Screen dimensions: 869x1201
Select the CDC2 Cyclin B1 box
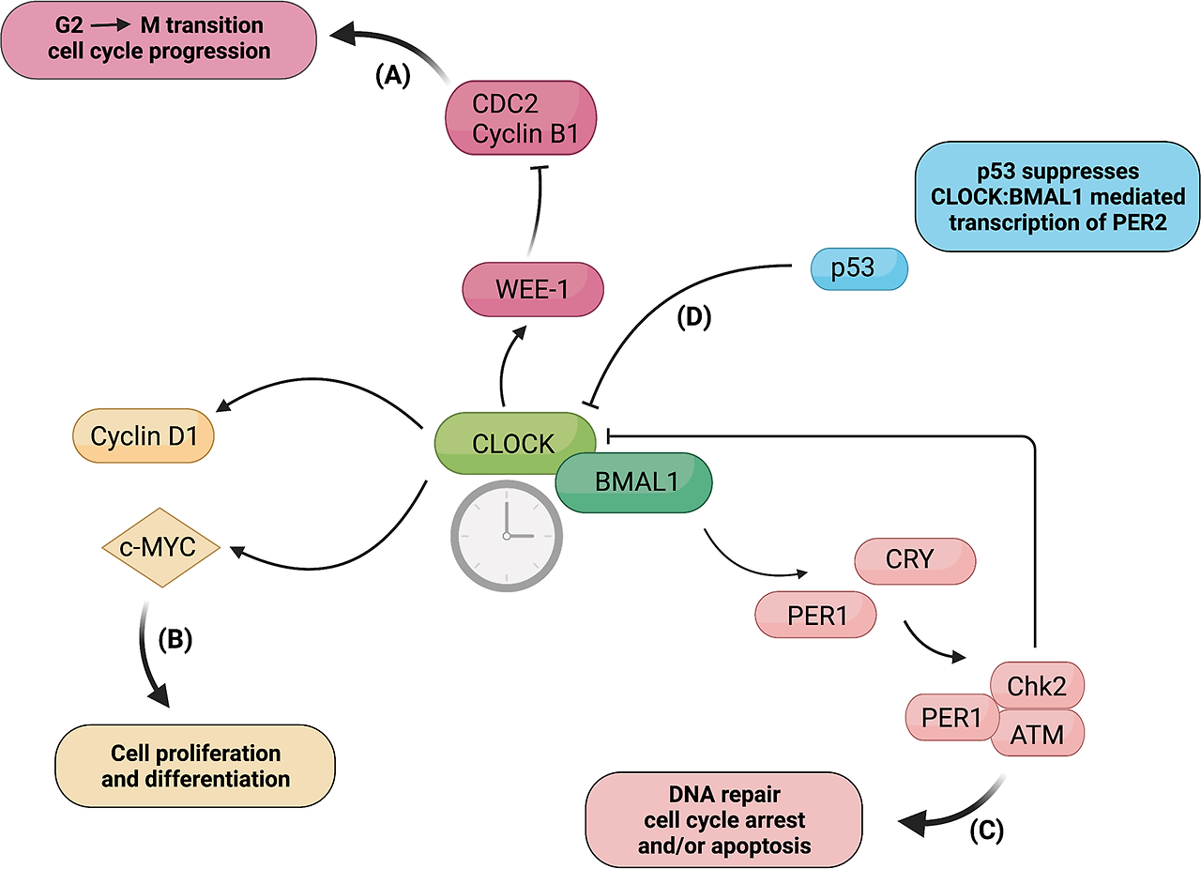[521, 119]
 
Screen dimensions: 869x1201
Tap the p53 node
[859, 267]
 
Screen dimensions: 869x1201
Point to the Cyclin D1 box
[143, 436]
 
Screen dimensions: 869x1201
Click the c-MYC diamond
[159, 547]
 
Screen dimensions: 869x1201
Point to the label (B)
[175, 639]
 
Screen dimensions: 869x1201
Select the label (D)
[694, 318]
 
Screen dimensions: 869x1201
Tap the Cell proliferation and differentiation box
[195, 766]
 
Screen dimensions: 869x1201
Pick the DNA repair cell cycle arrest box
[723, 819]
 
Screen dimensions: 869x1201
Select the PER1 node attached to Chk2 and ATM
[950, 719]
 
